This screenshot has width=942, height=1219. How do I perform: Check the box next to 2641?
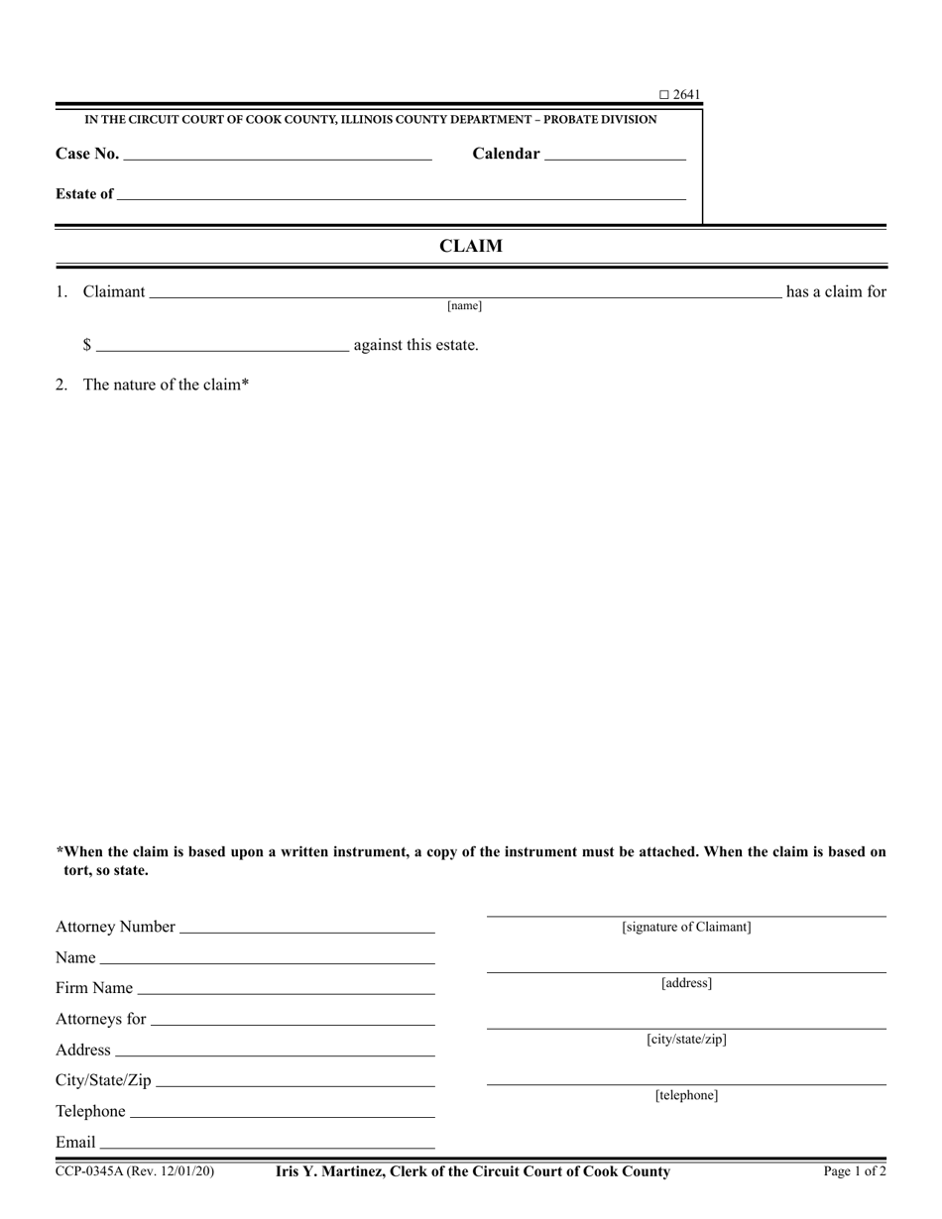point(664,95)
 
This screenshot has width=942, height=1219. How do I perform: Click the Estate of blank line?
point(401,197)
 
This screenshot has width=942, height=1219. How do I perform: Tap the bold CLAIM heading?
point(471,247)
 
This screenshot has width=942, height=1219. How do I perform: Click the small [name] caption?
point(464,306)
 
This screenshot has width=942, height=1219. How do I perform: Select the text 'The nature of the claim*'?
point(166,385)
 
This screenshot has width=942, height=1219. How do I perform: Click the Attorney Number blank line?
point(307,931)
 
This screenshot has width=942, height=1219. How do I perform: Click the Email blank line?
point(267,1146)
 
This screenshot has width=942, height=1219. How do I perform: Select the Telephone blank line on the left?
point(282,1115)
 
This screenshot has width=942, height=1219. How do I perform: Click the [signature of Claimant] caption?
point(686,928)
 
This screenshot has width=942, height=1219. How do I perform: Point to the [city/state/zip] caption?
point(686,1040)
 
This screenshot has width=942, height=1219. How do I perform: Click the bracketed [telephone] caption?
point(686,1095)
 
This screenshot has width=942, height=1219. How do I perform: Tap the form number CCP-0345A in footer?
point(90,1171)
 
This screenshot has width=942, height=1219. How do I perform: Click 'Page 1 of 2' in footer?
point(855,1171)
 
